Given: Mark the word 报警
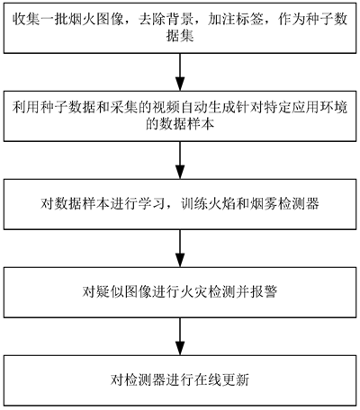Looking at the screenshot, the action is [x=263, y=291].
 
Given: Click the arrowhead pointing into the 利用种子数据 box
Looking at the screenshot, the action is [x=180, y=84].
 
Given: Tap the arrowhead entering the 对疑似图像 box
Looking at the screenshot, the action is [x=180, y=260].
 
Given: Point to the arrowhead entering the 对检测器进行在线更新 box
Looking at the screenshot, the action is [x=180, y=348].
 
